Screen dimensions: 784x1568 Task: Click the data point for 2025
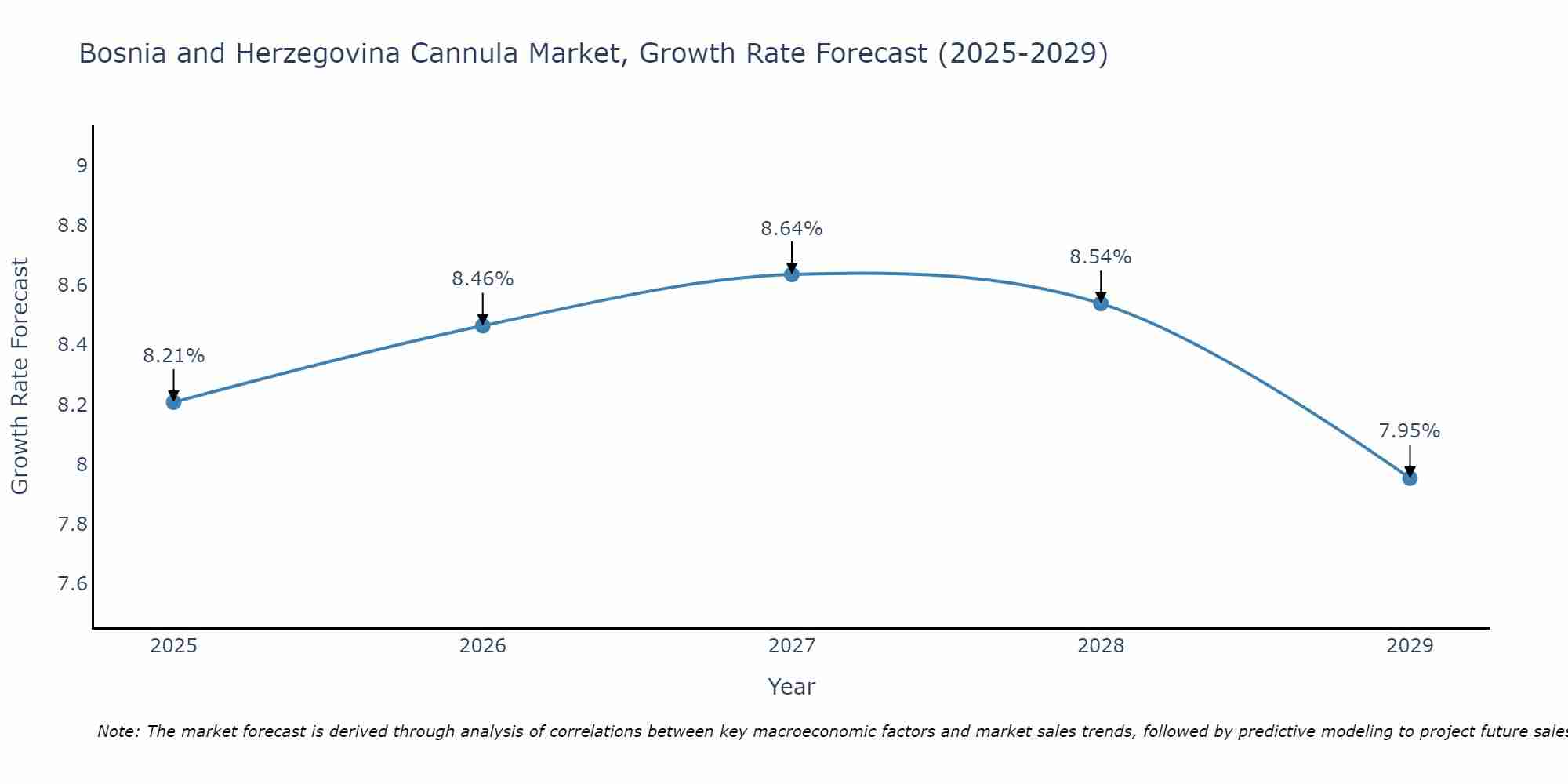click(173, 402)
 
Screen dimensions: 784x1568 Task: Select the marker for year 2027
click(792, 274)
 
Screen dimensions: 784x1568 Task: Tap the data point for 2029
click(1410, 477)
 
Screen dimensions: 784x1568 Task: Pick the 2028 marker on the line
click(1101, 303)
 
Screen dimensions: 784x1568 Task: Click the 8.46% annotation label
click(482, 279)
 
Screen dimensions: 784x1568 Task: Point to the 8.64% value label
click(792, 229)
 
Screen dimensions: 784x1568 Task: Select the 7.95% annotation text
click(1410, 431)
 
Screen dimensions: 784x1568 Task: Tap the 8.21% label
click(173, 356)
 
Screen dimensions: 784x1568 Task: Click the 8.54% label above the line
click(1101, 257)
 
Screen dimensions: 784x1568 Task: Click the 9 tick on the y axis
click(81, 165)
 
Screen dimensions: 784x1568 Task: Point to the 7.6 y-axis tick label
click(72, 584)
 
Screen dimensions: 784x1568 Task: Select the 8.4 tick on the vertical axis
click(72, 345)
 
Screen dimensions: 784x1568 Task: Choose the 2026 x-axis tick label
click(482, 646)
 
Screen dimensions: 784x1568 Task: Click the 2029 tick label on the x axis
click(1410, 646)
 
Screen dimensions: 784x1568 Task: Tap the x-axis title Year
click(792, 687)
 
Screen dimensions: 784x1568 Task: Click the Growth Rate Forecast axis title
click(20, 376)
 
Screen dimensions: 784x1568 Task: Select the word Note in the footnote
click(118, 731)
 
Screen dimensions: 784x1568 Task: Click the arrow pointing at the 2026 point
click(482, 309)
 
